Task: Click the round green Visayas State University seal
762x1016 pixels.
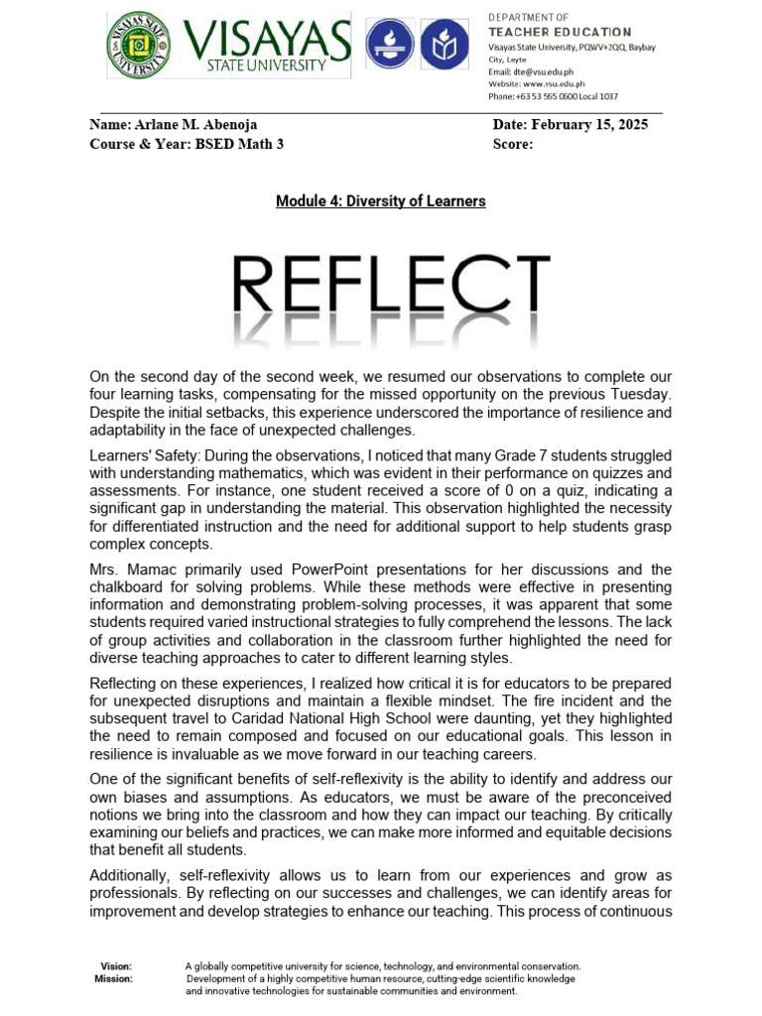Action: point(138,54)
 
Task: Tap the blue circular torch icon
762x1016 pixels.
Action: point(388,45)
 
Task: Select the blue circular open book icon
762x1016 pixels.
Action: point(440,45)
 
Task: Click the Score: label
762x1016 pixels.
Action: point(513,144)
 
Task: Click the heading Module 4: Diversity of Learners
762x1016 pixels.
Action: point(380,201)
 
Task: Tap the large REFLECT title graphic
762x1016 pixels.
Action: point(393,289)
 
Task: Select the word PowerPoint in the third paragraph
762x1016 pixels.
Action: point(338,570)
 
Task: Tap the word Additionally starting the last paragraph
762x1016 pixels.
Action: point(130,876)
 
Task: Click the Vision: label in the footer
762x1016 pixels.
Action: point(116,965)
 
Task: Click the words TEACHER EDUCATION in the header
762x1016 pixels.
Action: point(559,32)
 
